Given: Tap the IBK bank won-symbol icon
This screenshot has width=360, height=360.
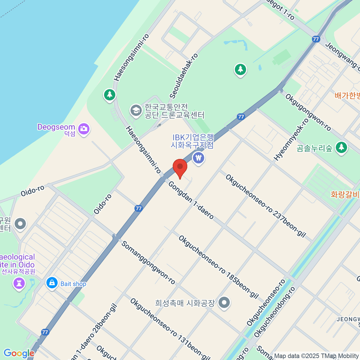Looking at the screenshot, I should click(198, 157).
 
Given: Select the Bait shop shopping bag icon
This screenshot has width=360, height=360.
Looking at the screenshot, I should click(52, 283).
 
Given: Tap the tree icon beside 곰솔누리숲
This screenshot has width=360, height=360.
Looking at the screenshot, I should click(341, 147).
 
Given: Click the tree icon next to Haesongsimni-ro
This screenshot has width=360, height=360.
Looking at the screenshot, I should click(109, 95).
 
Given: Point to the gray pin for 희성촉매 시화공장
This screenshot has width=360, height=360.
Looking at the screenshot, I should click(224, 302).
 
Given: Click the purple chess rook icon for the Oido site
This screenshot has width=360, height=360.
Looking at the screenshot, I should click(19, 283).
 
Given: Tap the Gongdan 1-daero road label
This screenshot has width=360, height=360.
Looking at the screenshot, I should click(191, 200).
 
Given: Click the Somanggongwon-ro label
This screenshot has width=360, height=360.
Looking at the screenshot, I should click(148, 262).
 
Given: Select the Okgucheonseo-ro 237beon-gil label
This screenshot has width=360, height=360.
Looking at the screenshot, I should click(265, 206).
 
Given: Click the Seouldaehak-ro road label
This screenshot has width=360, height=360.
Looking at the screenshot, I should click(184, 76).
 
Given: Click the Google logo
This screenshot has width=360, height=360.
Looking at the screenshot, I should click(19, 353).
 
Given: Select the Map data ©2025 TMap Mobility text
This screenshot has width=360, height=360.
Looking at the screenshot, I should click(316, 356).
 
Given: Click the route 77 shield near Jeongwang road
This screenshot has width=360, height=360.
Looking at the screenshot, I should click(316, 39).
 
